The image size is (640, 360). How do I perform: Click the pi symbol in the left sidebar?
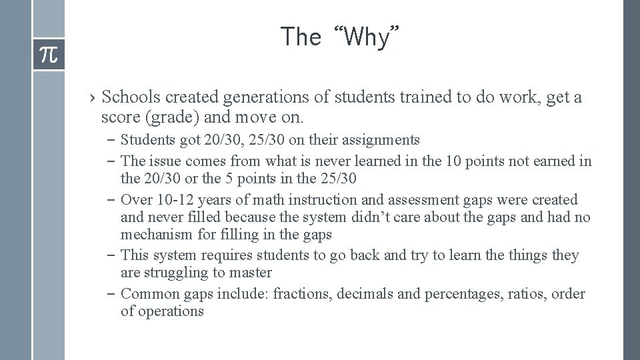pyautogui.click(x=49, y=55)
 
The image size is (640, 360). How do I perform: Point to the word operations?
pyautogui.click(x=171, y=311)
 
